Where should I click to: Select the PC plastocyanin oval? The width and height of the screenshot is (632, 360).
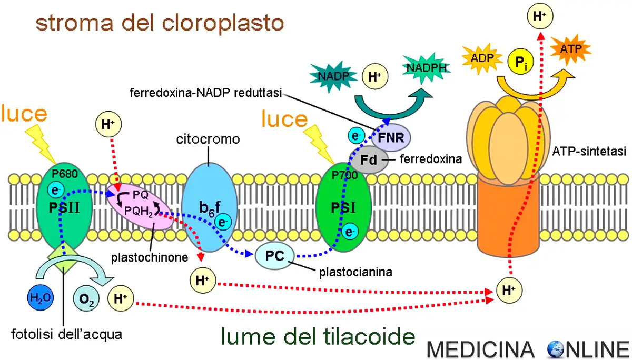275,256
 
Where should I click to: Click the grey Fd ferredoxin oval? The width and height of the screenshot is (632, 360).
369,158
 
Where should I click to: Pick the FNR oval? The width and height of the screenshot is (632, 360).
391,138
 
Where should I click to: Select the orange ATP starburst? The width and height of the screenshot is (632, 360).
570,51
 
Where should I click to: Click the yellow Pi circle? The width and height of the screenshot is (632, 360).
520,62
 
